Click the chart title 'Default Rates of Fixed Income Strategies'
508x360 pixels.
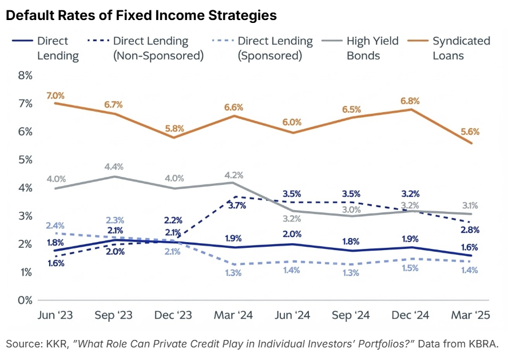[x=141, y=16]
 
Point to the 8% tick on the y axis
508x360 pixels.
[x=25, y=76]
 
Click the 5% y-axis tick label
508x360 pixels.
[x=25, y=160]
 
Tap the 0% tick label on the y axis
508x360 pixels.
[x=25, y=300]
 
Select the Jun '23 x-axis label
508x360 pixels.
[x=55, y=317]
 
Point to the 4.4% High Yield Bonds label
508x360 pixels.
[x=115, y=166]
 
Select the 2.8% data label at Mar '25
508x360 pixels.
[x=470, y=230]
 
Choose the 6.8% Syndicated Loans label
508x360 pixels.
[x=410, y=101]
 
